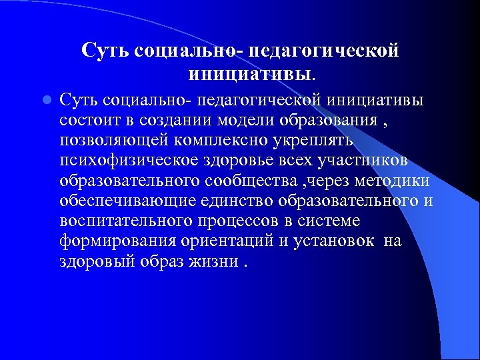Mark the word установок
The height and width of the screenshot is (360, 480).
coord(333,241)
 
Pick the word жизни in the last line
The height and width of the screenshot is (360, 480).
coord(214,261)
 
